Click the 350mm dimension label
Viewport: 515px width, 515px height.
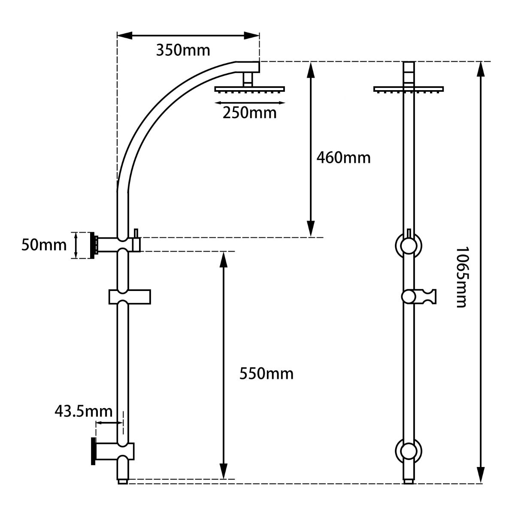pyautogui.click(x=183, y=50)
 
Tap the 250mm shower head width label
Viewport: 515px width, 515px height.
pyautogui.click(x=249, y=113)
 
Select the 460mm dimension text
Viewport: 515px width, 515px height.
pyautogui.click(x=343, y=158)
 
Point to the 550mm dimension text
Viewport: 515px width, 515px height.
pyautogui.click(x=266, y=374)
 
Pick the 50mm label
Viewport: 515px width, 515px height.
pyautogui.click(x=44, y=245)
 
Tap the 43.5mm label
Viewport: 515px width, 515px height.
pyautogui.click(x=83, y=411)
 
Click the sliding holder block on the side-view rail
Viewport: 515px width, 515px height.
pyautogui.click(x=130, y=297)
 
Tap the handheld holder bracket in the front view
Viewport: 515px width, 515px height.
pyautogui.click(x=425, y=297)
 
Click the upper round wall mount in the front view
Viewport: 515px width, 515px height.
pyautogui.click(x=408, y=245)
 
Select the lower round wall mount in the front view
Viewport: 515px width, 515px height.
pyautogui.click(x=408, y=451)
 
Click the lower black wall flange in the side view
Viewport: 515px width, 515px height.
pyautogui.click(x=93, y=451)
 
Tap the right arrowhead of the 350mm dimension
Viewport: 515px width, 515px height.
pyautogui.click(x=253, y=36)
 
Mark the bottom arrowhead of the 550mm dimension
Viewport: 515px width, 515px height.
pyautogui.click(x=223, y=472)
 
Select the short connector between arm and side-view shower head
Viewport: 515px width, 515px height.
pyautogui.click(x=248, y=79)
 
